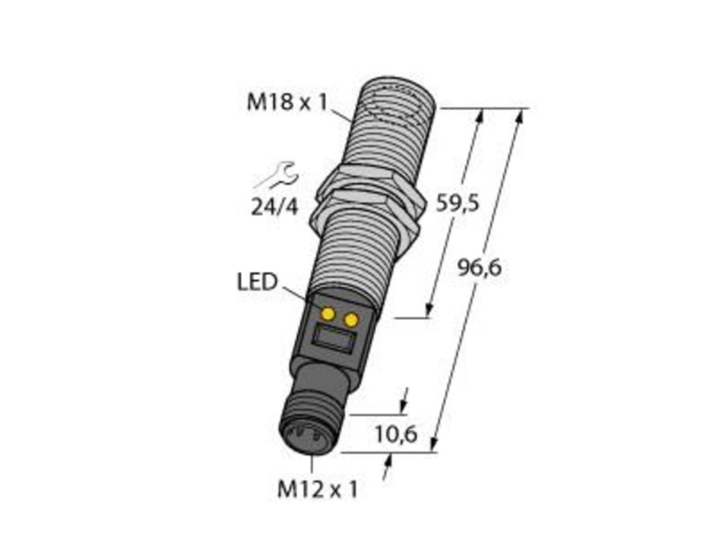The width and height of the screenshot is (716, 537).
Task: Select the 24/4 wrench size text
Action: click(x=275, y=208)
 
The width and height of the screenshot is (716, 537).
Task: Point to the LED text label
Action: click(x=256, y=282)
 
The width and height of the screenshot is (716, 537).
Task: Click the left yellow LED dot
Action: click(x=328, y=313)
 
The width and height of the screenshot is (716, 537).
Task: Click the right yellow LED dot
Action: click(x=351, y=320)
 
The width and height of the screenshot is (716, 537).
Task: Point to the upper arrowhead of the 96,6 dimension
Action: click(x=520, y=115)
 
